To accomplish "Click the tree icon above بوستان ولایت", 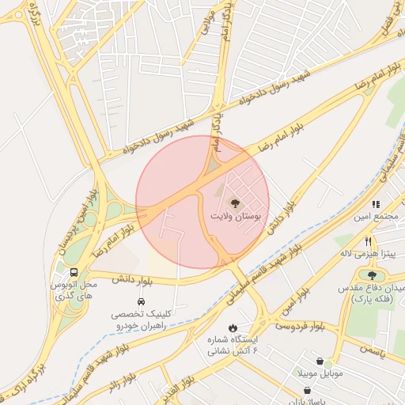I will pyautogui.click(x=234, y=202).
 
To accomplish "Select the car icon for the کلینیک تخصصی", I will pyautogui.click(x=141, y=301).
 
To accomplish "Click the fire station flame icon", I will pyautogui.click(x=233, y=327).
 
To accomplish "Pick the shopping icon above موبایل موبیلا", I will pyautogui.click(x=319, y=361).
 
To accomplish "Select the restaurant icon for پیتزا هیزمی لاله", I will pyautogui.click(x=369, y=241).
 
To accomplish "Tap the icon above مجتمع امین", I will pyautogui.click(x=376, y=204).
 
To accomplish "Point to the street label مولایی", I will pyautogui.click(x=207, y=24).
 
